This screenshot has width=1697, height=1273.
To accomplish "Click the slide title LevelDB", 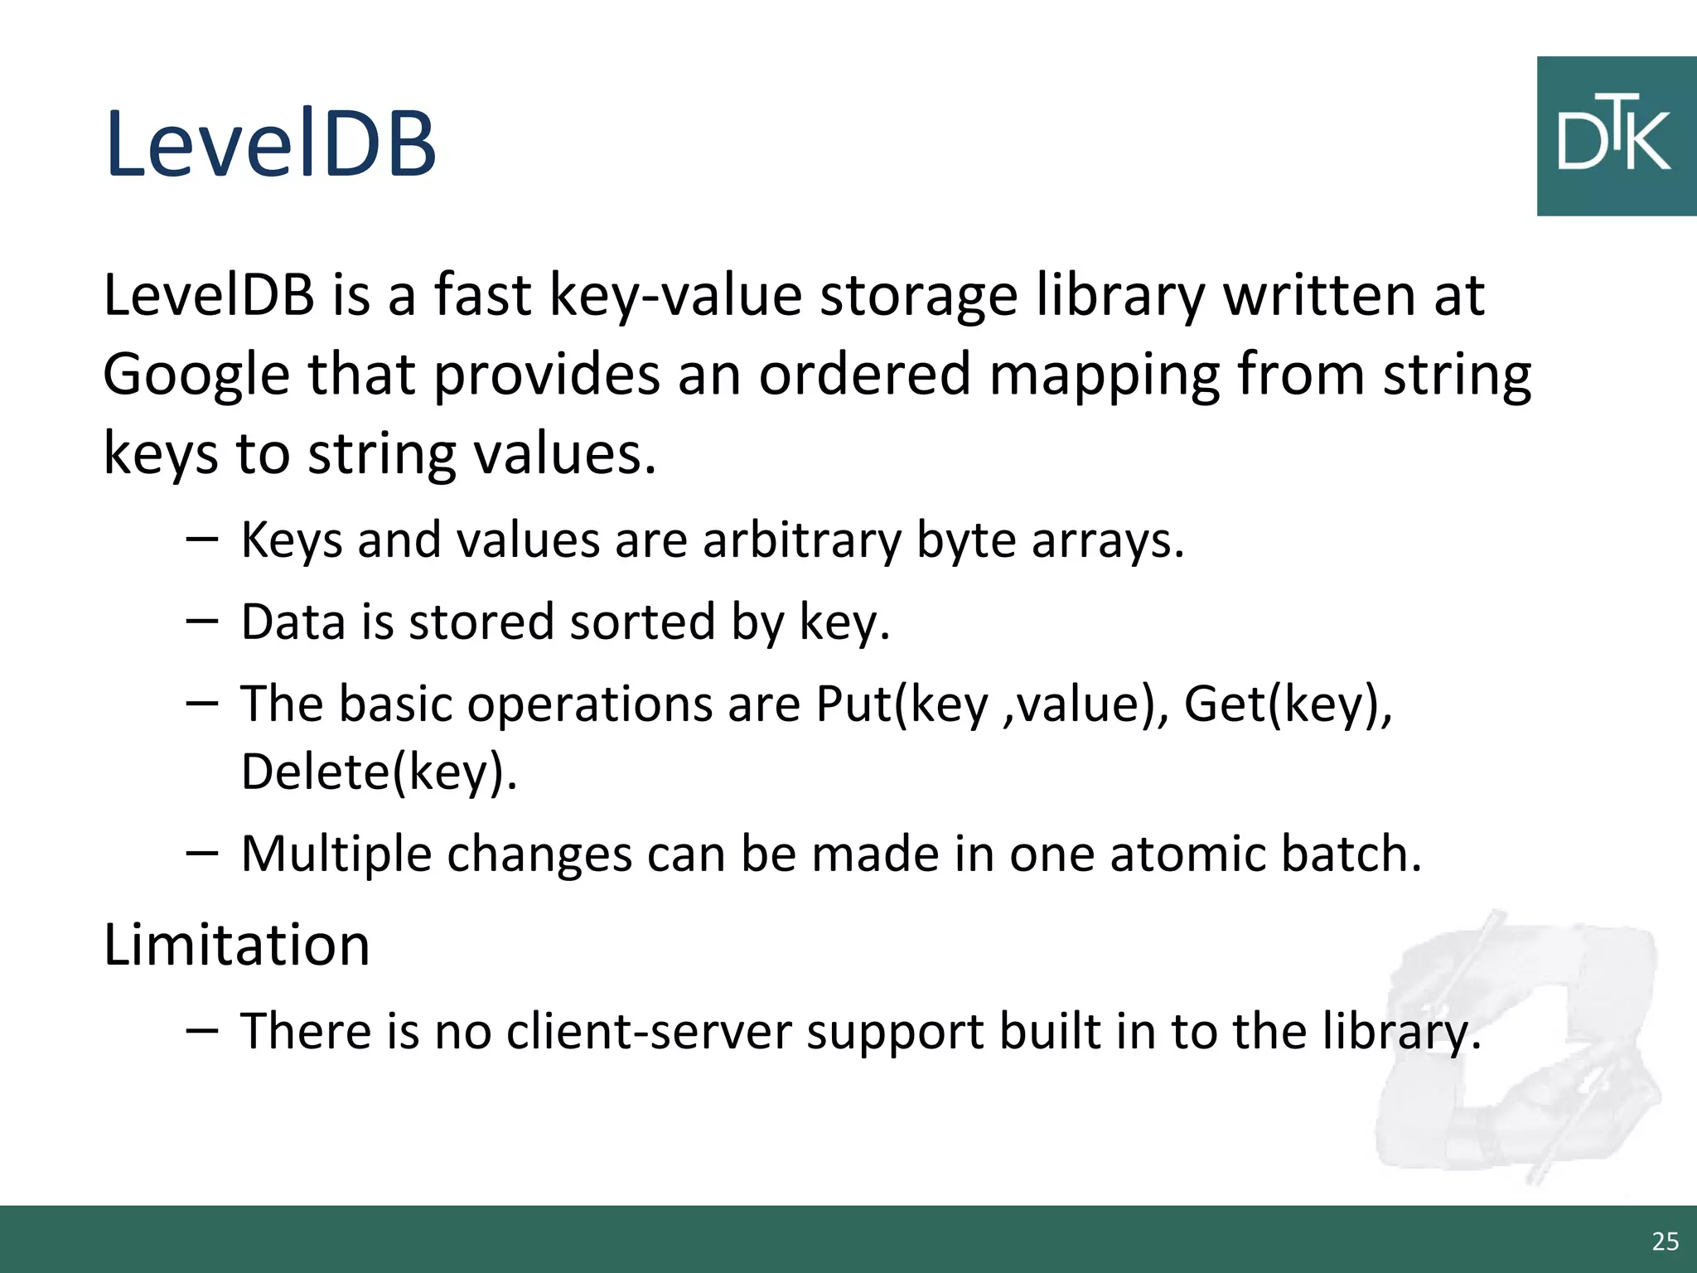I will click(x=270, y=144).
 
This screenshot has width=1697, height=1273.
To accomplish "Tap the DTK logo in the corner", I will click(x=1615, y=137).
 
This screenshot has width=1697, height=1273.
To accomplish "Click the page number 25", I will click(x=1665, y=1241).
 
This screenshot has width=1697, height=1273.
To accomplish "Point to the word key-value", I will click(x=676, y=296).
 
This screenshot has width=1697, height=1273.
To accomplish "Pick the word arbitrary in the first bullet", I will click(x=801, y=540).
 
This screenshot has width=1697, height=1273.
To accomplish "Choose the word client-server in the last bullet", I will click(x=649, y=1032).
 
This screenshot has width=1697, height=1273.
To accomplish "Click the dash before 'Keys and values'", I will click(x=202, y=540).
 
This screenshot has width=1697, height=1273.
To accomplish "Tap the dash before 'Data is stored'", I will click(x=202, y=621).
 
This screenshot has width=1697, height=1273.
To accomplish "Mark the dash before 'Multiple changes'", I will click(x=202, y=853).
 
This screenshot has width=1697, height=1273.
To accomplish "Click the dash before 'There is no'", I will click(x=202, y=1030).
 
